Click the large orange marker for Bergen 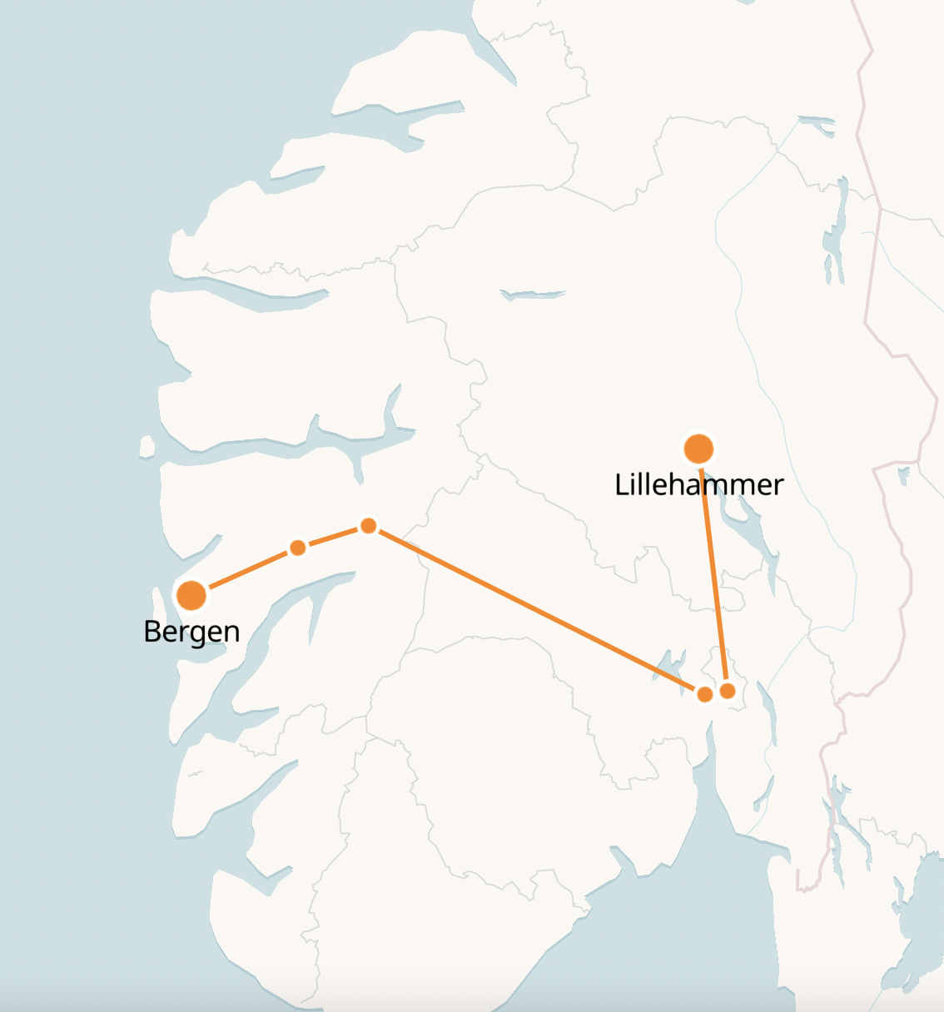[191, 595]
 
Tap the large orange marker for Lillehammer [698, 449]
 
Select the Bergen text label [191, 632]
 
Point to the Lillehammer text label [698, 484]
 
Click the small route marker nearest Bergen [297, 548]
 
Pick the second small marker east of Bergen [368, 526]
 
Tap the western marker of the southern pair [704, 694]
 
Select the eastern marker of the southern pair [728, 691]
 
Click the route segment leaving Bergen [246, 571]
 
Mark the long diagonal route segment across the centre [533, 608]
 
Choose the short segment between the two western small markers [333, 537]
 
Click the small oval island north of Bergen [147, 447]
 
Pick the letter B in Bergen [152, 631]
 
